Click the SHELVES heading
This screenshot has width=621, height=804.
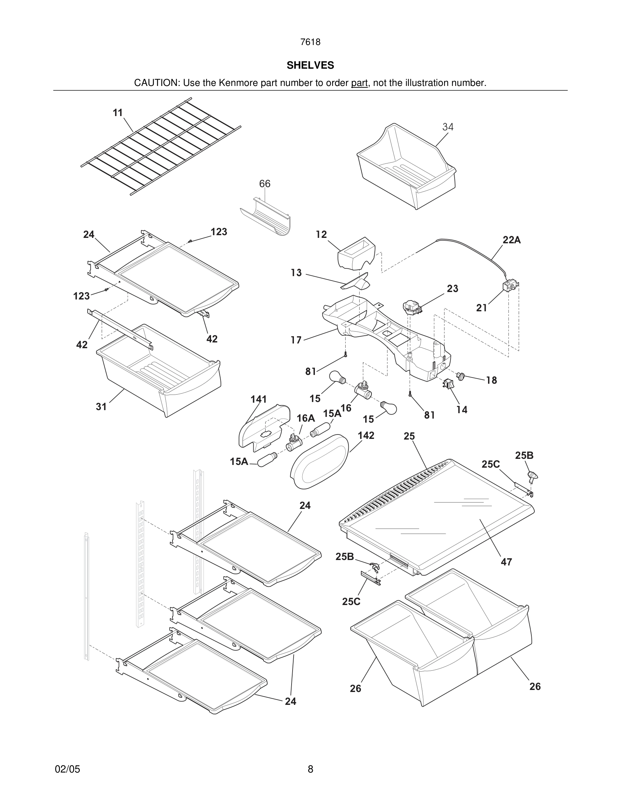coord(310,65)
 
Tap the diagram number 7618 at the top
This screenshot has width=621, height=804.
coord(310,42)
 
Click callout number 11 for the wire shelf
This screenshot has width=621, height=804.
coord(118,113)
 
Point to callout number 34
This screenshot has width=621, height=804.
coord(448,127)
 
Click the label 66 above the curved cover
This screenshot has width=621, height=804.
coord(264,184)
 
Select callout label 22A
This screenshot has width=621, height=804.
coord(512,240)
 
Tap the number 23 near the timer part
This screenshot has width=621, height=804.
coord(453,289)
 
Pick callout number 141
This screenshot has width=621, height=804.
coord(258,399)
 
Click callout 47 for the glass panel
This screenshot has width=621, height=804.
coord(506,562)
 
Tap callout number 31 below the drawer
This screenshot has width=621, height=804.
coord(101,406)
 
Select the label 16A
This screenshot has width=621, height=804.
coord(306,418)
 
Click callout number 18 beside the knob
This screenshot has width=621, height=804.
coord(491,380)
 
